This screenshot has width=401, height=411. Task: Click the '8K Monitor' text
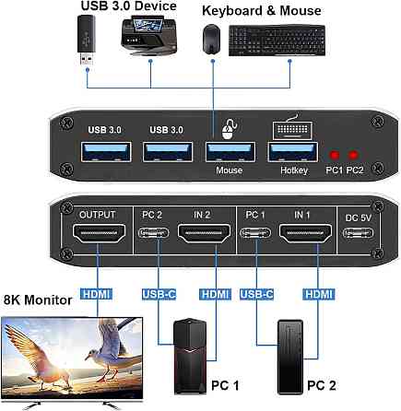[x=40, y=299]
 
